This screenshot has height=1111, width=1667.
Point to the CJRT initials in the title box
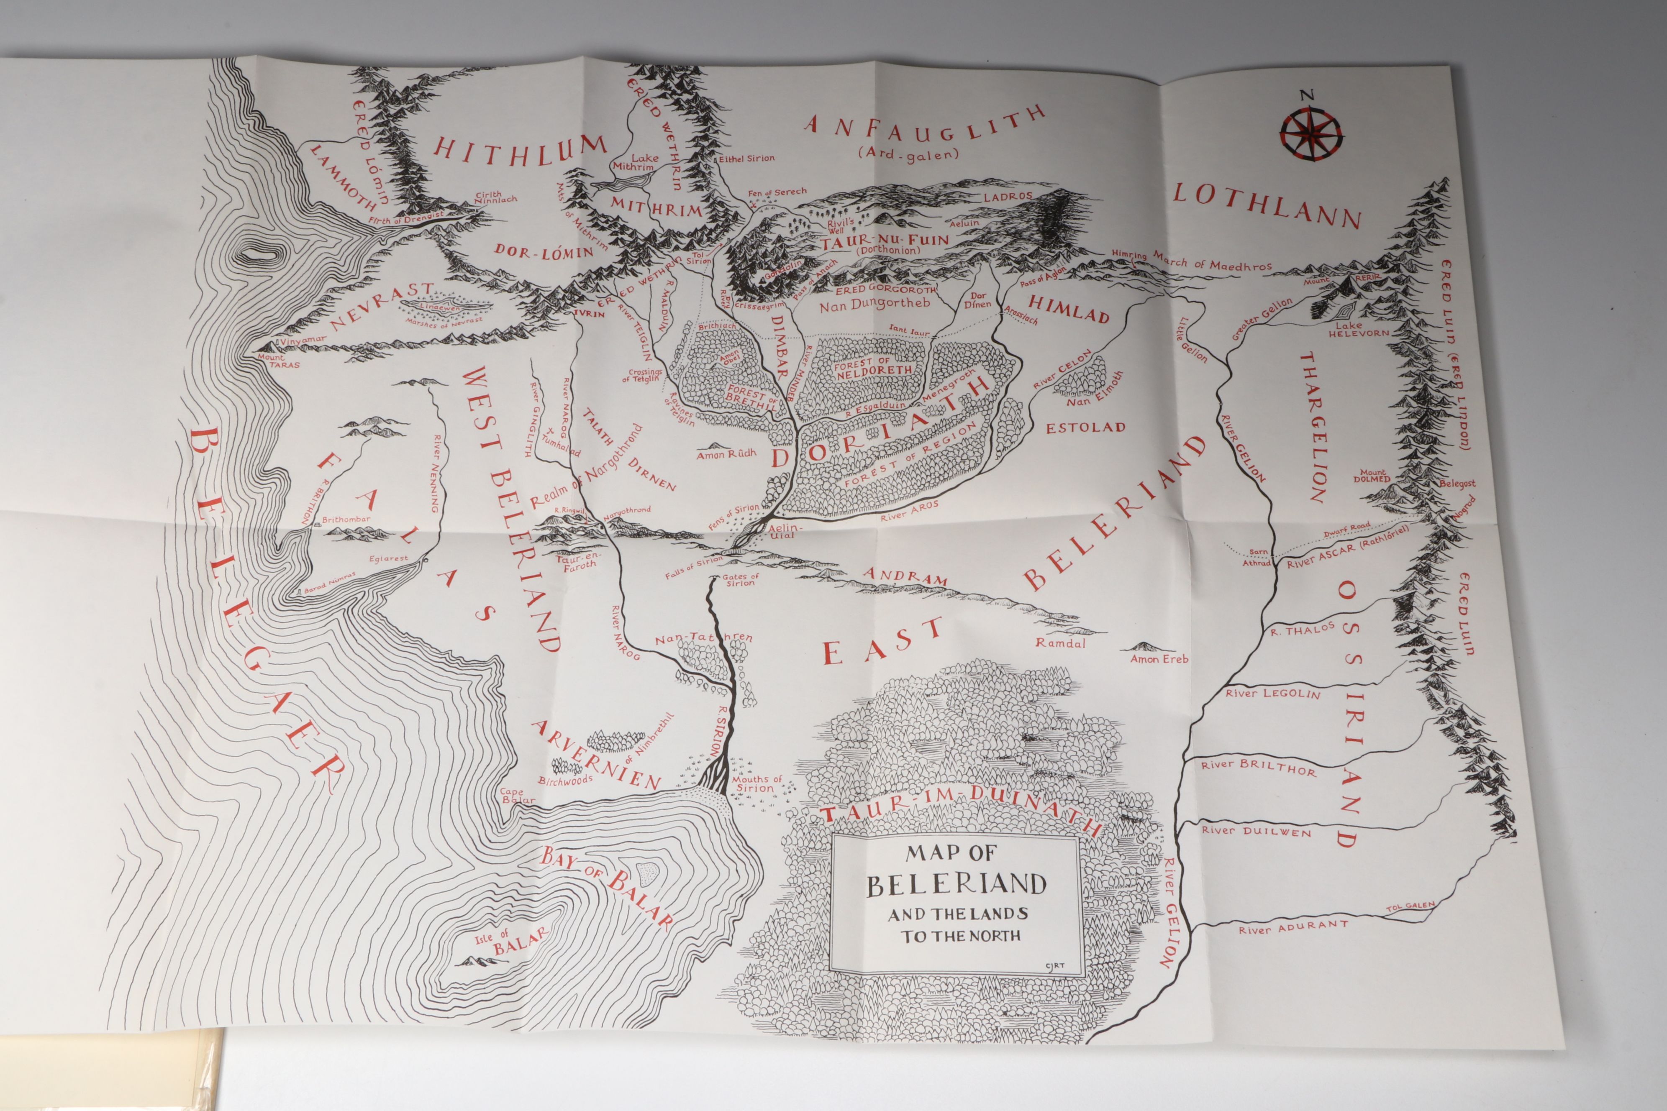pyautogui.click(x=1054, y=966)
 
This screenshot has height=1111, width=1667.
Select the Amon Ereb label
pyautogui.click(x=1159, y=659)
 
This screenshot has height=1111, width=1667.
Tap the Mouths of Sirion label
pyautogui.click(x=757, y=783)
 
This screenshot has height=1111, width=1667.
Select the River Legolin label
pyautogui.click(x=1273, y=694)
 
